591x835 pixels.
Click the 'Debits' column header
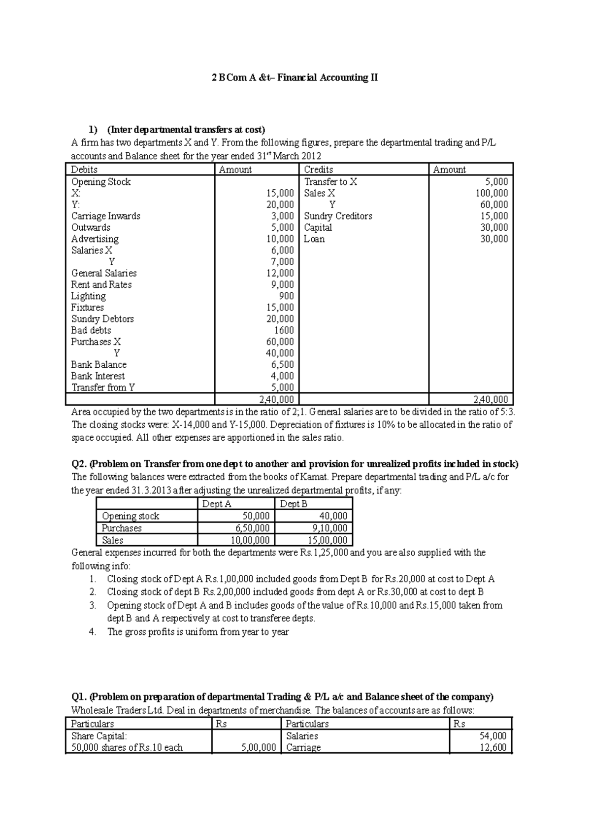pos(84,170)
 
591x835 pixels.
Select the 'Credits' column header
pos(318,170)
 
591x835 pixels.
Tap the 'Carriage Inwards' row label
pos(105,216)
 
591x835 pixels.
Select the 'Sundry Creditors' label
pos(338,216)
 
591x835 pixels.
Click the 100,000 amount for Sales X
pos(491,193)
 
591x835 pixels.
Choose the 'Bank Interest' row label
pos(98,376)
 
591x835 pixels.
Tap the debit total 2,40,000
pos(276,399)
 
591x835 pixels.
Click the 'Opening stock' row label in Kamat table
pos(131,516)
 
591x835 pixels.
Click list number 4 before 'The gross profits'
pos(93,632)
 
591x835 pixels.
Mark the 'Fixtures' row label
pos(87,307)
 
